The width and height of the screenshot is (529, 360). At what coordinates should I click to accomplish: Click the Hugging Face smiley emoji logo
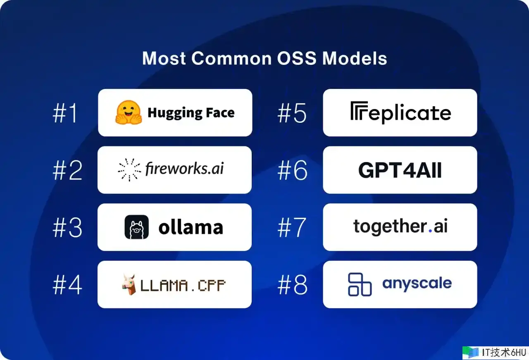[x=129, y=112]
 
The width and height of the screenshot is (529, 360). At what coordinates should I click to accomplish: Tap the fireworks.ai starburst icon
[x=129, y=169]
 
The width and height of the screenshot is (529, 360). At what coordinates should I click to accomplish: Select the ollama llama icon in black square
[x=136, y=227]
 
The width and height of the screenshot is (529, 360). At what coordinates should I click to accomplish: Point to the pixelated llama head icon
[x=129, y=284]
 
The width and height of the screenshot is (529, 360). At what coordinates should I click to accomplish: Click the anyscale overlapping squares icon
[x=360, y=284]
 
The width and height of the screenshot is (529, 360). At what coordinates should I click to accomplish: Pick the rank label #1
[x=65, y=113]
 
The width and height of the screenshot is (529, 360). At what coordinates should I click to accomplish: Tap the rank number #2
[x=67, y=170]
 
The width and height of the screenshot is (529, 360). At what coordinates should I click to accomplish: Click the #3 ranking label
[x=67, y=227]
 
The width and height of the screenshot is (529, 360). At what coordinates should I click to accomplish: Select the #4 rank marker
[x=67, y=285]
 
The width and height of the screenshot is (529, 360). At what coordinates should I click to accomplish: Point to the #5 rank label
[x=292, y=113]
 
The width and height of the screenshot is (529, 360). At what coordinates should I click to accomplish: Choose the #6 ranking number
[x=293, y=170]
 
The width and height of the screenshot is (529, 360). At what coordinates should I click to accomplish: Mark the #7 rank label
[x=292, y=227]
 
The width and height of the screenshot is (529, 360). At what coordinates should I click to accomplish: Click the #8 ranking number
[x=293, y=285]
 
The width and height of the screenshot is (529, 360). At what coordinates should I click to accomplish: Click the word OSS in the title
[x=297, y=58]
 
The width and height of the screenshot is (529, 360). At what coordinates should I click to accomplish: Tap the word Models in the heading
[x=355, y=58]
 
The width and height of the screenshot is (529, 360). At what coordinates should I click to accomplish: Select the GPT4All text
[x=400, y=170]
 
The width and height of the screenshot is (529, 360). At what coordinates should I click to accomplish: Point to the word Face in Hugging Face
[x=220, y=112]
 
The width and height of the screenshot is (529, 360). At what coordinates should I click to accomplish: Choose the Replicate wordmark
[x=401, y=113]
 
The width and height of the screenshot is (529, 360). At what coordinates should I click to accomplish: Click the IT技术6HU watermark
[x=495, y=353]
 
